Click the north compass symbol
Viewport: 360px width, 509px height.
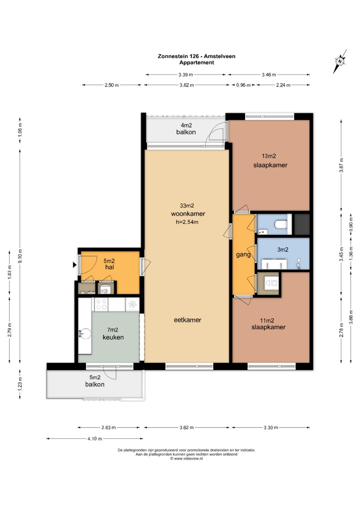tap(340, 61)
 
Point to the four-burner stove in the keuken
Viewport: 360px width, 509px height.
tap(101, 304)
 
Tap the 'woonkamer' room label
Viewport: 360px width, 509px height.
tap(188, 214)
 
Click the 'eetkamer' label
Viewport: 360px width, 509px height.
tap(187, 320)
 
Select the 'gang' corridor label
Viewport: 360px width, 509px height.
tap(243, 255)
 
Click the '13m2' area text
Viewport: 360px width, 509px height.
tap(269, 156)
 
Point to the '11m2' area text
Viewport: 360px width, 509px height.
tap(267, 321)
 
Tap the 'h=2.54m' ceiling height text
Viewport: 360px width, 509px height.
tap(187, 222)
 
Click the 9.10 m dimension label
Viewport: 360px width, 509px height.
tap(20, 256)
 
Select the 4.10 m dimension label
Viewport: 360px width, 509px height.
tap(95, 439)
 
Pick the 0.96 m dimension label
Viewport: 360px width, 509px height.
tap(243, 85)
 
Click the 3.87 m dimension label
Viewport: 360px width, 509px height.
tap(341, 165)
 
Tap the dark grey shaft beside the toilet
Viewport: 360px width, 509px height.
tap(302, 224)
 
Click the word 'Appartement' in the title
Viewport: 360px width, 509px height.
tap(197, 63)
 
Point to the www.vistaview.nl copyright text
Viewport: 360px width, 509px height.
tap(187, 459)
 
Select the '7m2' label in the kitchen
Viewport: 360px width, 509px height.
tap(113, 330)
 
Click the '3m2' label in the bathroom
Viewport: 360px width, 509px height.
tap(283, 250)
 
